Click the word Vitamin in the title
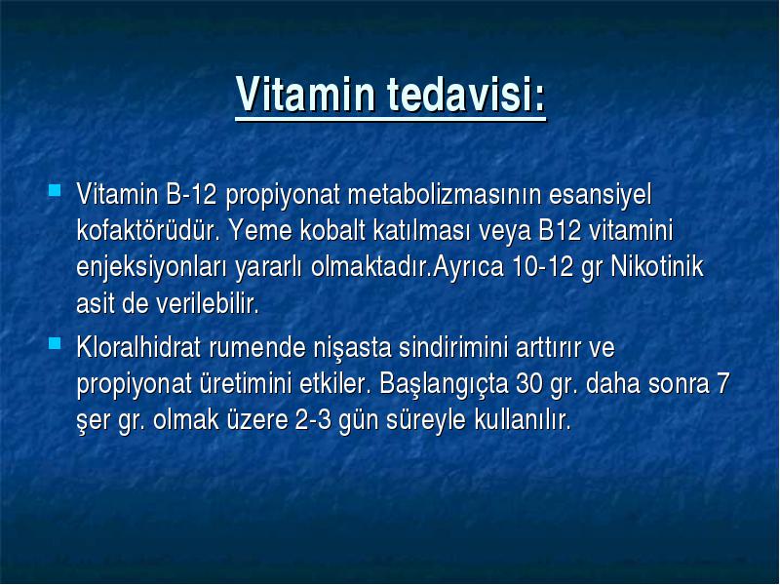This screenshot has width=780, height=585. pyautogui.click(x=305, y=94)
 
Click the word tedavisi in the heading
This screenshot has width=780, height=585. pyautogui.click(x=460, y=94)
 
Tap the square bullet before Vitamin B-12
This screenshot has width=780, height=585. pyautogui.click(x=55, y=190)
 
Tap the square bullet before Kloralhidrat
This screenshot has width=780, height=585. pyautogui.click(x=55, y=343)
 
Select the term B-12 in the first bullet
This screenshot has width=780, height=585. pyautogui.click(x=191, y=194)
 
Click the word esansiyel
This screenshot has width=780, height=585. pyautogui.click(x=600, y=195)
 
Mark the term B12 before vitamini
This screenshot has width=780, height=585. pyautogui.click(x=560, y=231)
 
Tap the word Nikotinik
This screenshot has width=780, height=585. pyautogui.click(x=656, y=266)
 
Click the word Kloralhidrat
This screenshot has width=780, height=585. pyautogui.click(x=138, y=347)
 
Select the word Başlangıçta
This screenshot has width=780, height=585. pyautogui.click(x=444, y=385)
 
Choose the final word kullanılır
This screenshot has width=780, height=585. pyautogui.click(x=523, y=420)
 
